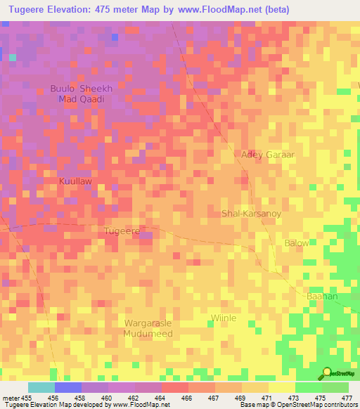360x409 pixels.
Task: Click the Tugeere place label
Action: [122, 231]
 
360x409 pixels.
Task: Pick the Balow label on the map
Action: [296, 243]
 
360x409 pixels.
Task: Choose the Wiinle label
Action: [223, 318]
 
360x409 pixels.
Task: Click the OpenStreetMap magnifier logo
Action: [326, 373]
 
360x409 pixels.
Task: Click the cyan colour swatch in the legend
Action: [41, 387]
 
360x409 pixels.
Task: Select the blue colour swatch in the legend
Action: [68, 387]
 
